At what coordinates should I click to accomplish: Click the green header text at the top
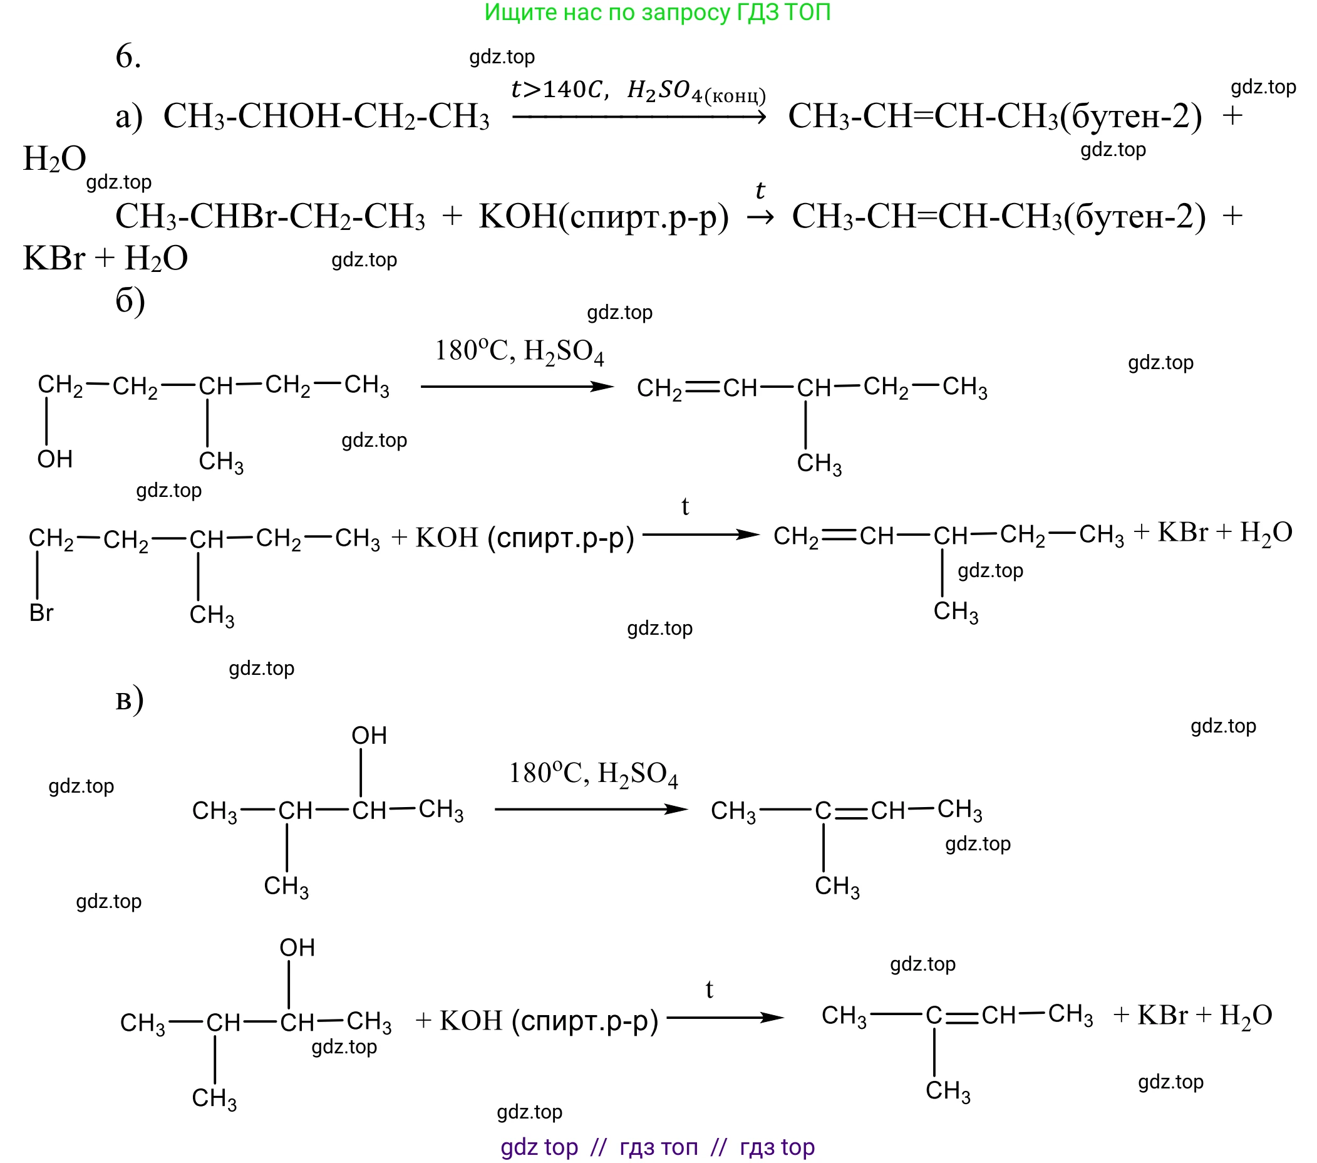click(657, 13)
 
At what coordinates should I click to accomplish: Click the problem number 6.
click(128, 56)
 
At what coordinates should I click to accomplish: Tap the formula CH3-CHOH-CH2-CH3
click(326, 117)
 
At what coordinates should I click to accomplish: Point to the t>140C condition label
click(559, 89)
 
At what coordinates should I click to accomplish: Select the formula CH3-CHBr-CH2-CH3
click(270, 217)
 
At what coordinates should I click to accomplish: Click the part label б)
click(130, 300)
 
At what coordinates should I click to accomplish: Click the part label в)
click(130, 700)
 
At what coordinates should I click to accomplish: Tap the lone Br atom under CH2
click(41, 613)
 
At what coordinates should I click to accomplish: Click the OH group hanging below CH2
click(54, 460)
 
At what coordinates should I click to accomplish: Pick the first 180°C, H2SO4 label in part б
click(519, 352)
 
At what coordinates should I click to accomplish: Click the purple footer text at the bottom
click(657, 1147)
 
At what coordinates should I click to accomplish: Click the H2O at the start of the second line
click(54, 159)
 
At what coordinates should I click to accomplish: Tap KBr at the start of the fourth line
click(53, 259)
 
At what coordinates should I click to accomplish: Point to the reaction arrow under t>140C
click(639, 117)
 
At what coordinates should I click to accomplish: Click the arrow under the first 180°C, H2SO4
click(517, 387)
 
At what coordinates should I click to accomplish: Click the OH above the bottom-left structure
click(297, 947)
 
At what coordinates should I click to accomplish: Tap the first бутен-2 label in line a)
click(1131, 117)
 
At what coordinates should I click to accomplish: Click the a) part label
click(129, 117)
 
